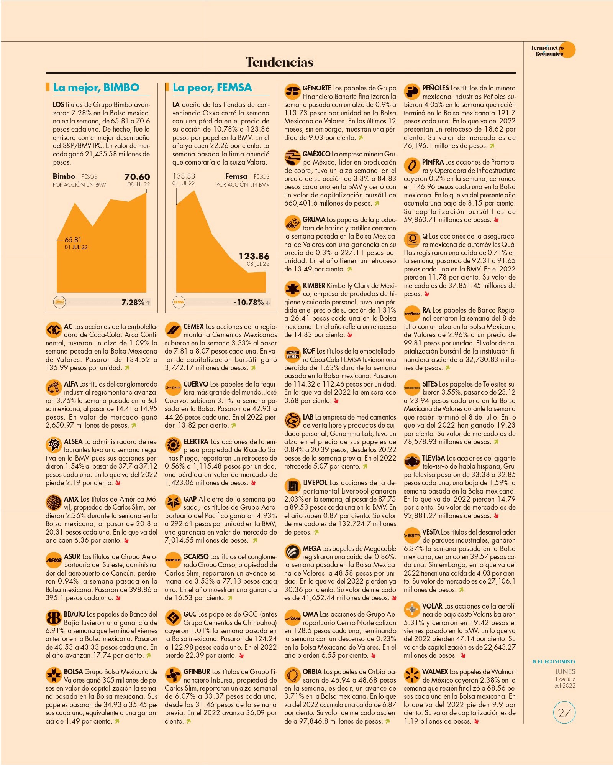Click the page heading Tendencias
point(279,62)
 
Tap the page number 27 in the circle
point(564,712)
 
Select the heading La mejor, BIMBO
point(96,87)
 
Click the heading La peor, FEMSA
point(212,87)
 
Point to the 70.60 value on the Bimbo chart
point(137,177)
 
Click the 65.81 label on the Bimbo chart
point(73,240)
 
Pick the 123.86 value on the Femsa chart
point(254,256)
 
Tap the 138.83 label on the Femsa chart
point(184,176)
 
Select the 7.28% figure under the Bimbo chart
point(133,302)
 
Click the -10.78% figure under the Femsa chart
point(249,302)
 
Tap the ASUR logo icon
point(54,560)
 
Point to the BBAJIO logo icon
point(54,618)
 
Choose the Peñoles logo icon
point(412,91)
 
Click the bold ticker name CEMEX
point(193,327)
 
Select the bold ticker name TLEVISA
point(433,458)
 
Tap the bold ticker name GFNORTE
point(317,88)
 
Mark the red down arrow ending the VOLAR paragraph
point(463,656)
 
